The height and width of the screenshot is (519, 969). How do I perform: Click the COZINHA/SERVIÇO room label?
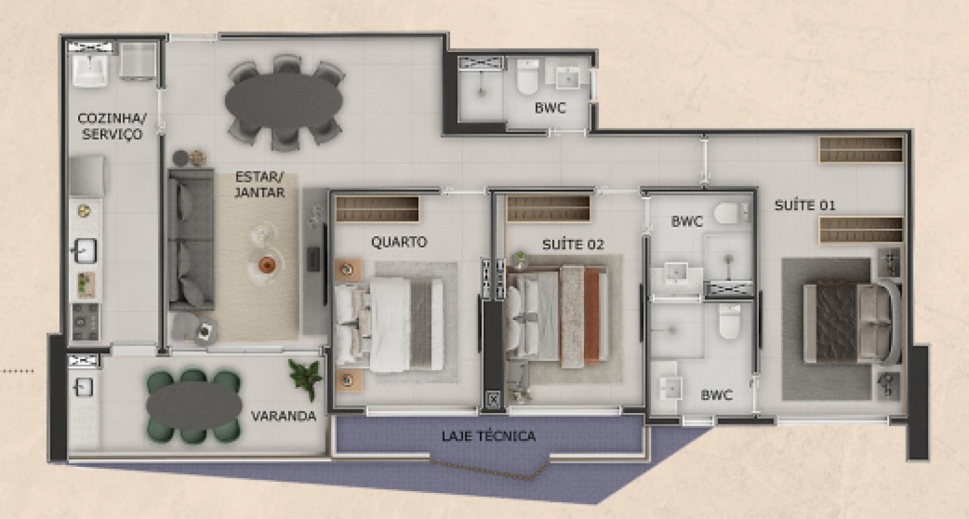112,126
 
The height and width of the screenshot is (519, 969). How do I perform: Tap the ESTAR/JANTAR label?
260,185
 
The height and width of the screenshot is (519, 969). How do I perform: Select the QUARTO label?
399,242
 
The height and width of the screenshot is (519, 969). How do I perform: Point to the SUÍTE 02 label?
573,245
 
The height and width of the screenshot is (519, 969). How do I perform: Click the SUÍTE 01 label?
805,205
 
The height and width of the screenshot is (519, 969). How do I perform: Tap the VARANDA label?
284,416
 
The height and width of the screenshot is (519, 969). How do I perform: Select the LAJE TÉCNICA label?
489,436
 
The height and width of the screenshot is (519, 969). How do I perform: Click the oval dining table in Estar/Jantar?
284,101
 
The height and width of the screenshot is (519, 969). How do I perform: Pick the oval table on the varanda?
194,406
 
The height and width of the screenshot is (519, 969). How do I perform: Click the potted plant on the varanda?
306,378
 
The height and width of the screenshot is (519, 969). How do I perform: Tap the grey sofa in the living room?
191,239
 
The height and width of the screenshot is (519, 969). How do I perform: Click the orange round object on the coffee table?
266,263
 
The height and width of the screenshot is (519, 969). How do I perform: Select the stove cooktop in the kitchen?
85,322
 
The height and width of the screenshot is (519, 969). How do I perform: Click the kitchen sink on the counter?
85,250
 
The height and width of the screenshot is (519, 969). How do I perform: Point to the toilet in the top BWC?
527,77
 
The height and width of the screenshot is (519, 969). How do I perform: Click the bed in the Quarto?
389,325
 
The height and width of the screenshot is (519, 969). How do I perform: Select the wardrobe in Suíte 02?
549,208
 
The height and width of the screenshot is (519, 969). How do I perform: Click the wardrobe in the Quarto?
377,209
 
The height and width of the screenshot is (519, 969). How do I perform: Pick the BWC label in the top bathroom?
551,108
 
